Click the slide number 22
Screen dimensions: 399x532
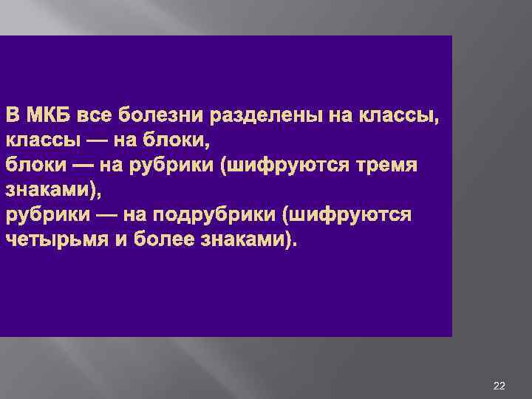pyautogui.click(x=499, y=386)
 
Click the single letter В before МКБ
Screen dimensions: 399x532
pyautogui.click(x=13, y=116)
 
